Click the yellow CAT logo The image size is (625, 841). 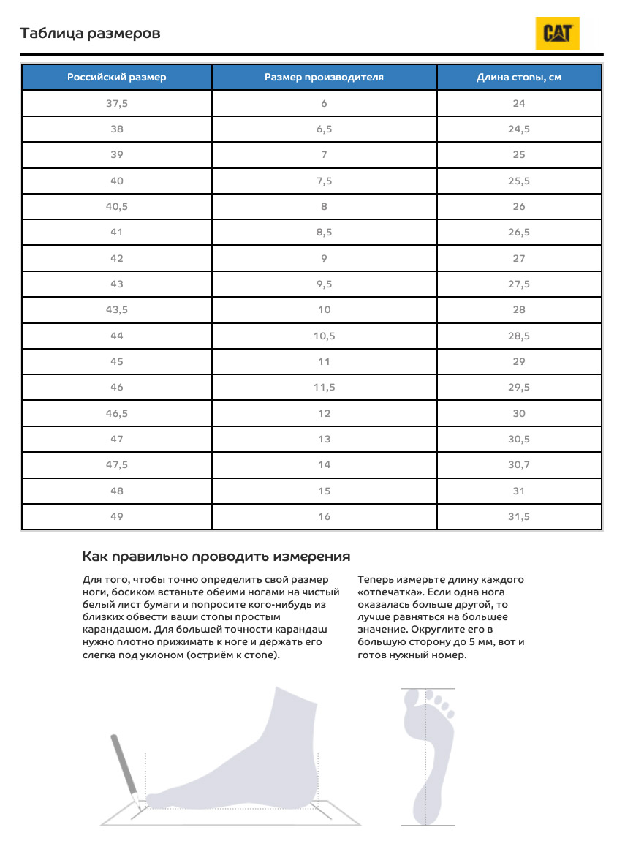pyautogui.click(x=558, y=33)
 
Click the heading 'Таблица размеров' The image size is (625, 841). pyautogui.click(x=90, y=34)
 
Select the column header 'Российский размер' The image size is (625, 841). pyautogui.click(x=117, y=77)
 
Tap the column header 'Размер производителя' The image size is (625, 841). pyautogui.click(x=324, y=77)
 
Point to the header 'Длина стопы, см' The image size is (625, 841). pyautogui.click(x=519, y=77)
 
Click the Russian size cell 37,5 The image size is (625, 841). pyautogui.click(x=117, y=103)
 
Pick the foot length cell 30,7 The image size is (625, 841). pyautogui.click(x=519, y=464)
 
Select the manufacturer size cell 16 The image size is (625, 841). pyautogui.click(x=324, y=516)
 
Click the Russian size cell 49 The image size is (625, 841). pyautogui.click(x=117, y=516)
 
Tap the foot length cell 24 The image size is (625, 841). pyautogui.click(x=519, y=103)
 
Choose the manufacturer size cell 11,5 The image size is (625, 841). pyautogui.click(x=324, y=387)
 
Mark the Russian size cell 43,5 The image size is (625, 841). pyautogui.click(x=117, y=309)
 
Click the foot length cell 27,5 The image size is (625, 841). pyautogui.click(x=519, y=284)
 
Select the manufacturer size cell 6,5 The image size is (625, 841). pyautogui.click(x=324, y=129)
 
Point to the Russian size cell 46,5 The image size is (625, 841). pyautogui.click(x=117, y=413)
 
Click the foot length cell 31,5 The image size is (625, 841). pyautogui.click(x=519, y=516)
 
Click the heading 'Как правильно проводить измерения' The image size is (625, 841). pyautogui.click(x=216, y=557)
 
